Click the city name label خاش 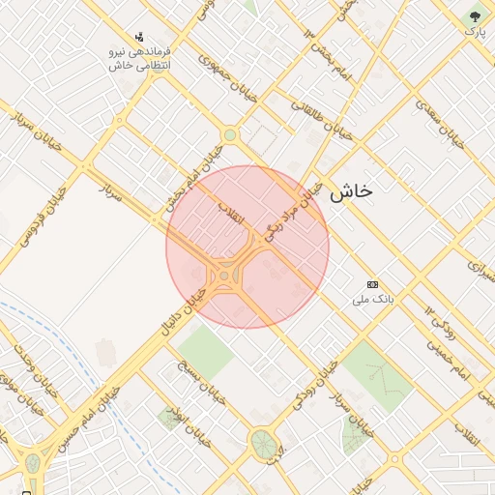click(350, 191)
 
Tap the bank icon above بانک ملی click(373, 284)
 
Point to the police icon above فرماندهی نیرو click(141, 37)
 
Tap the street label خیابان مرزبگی click(290, 212)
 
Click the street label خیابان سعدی click(440, 124)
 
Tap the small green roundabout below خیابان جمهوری click(229, 135)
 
